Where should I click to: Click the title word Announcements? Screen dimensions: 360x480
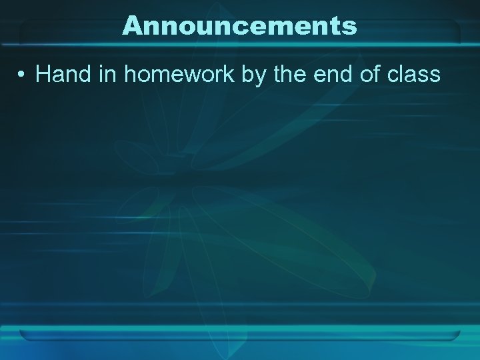point(240,26)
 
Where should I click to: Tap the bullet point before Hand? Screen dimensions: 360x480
point(22,75)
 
